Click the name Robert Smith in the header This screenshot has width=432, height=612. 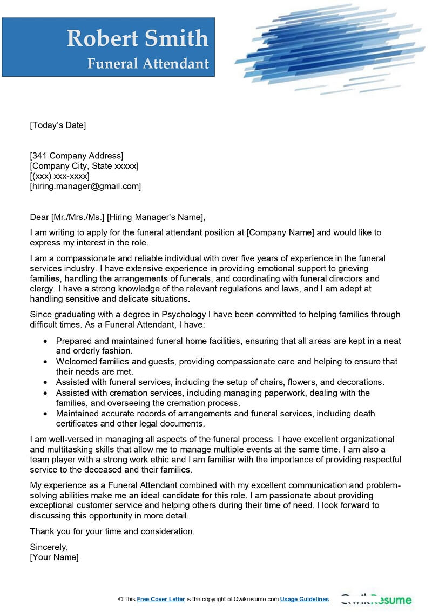pyautogui.click(x=137, y=38)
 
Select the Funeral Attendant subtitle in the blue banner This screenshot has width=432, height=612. pyautogui.click(x=148, y=64)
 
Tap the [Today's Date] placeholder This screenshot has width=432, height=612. pyautogui.click(x=58, y=125)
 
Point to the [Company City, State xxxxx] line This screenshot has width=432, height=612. pyautogui.click(x=84, y=166)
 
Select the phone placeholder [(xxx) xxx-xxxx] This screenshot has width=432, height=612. pyautogui.click(x=59, y=176)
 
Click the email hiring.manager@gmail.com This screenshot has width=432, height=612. pyautogui.click(x=85, y=186)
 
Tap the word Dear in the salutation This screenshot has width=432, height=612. pyautogui.click(x=39, y=217)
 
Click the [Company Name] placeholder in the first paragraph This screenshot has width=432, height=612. pyautogui.click(x=280, y=232)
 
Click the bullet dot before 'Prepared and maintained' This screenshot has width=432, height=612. pyautogui.click(x=45, y=342)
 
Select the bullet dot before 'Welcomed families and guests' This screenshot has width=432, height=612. pyautogui.click(x=45, y=362)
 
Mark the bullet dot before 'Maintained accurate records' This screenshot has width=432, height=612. pyautogui.click(x=45, y=414)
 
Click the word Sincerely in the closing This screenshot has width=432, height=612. pyautogui.click(x=49, y=547)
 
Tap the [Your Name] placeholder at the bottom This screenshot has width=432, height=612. pyautogui.click(x=54, y=557)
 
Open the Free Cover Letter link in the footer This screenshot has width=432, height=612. pyautogui.click(x=161, y=599)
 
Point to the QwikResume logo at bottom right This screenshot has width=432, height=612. pyautogui.click(x=376, y=600)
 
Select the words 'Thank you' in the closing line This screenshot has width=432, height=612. pyautogui.click(x=49, y=531)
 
